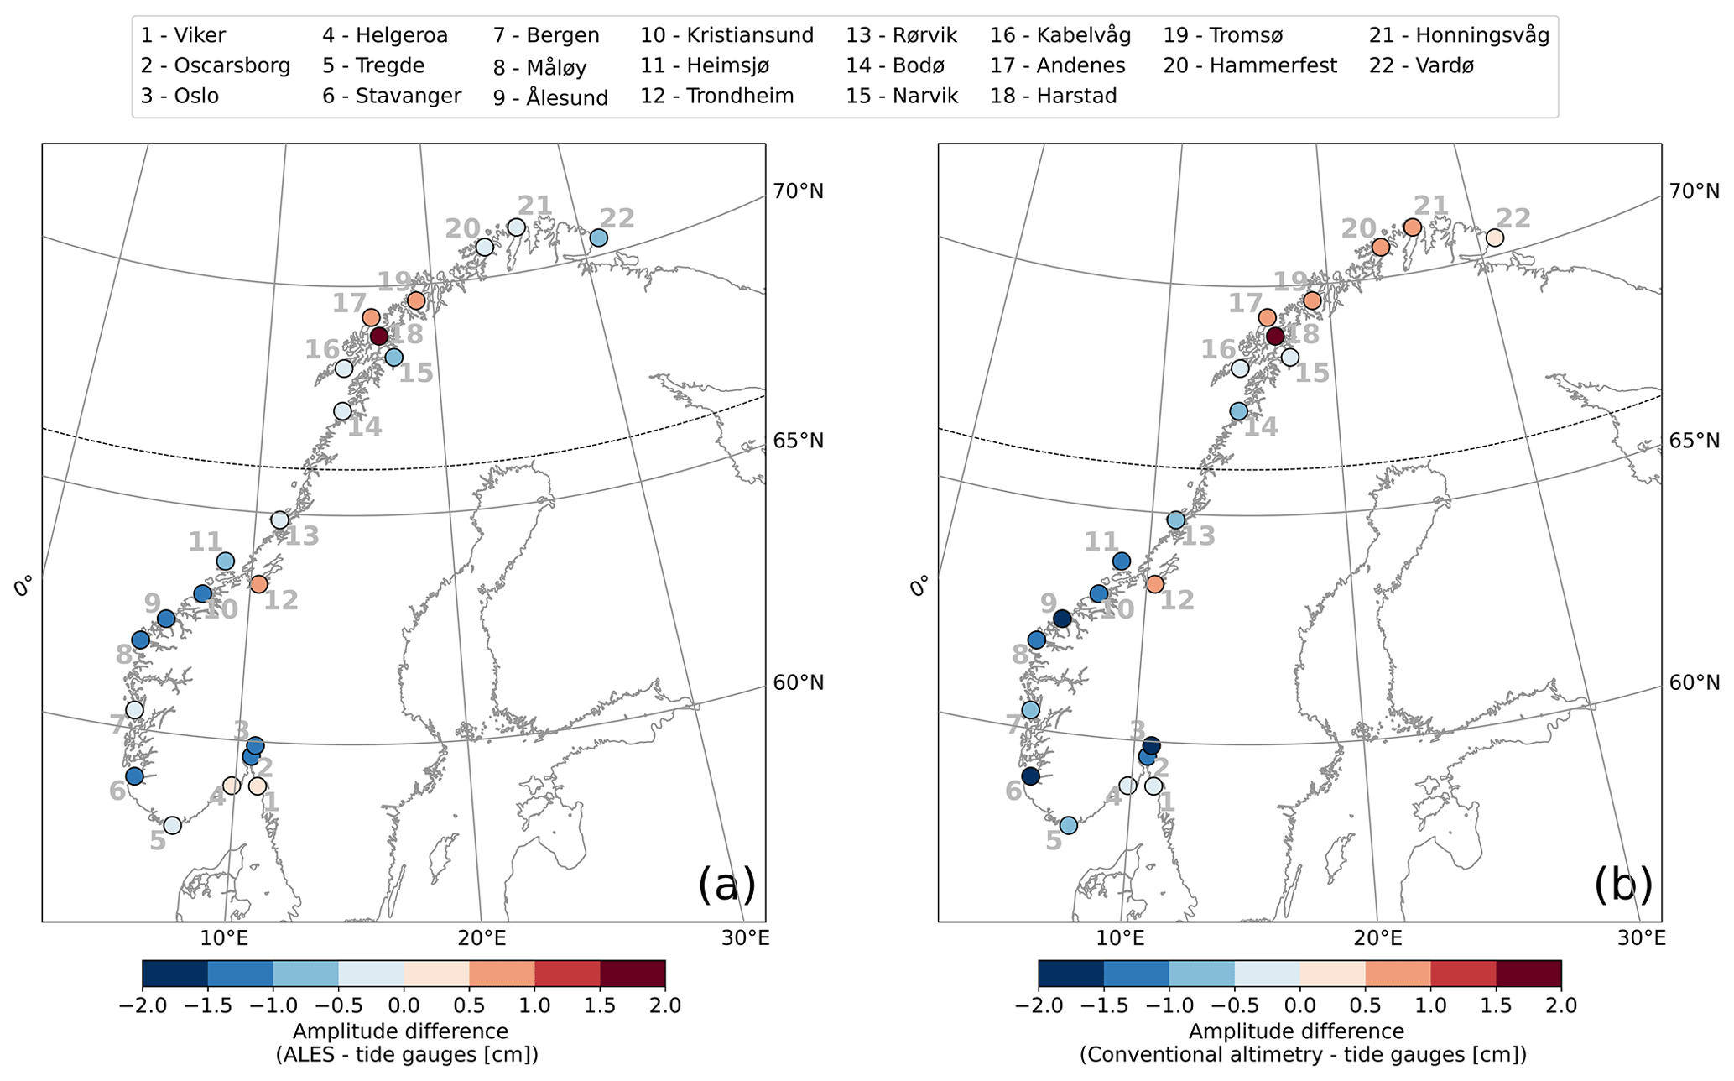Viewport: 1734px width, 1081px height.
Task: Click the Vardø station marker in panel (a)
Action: [598, 238]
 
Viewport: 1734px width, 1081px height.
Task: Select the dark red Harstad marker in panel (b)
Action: [1275, 337]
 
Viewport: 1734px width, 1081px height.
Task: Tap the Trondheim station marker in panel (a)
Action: [258, 583]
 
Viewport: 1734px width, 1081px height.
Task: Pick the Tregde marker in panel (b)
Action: [1068, 825]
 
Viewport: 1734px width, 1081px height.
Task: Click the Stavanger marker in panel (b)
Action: [1030, 775]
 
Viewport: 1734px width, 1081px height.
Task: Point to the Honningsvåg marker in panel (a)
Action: [517, 227]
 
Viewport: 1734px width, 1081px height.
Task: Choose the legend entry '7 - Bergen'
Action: [546, 35]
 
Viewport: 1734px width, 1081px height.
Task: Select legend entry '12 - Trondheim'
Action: [716, 96]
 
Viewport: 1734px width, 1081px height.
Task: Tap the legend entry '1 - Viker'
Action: [183, 35]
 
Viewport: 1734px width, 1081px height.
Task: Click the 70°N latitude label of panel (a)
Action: [798, 191]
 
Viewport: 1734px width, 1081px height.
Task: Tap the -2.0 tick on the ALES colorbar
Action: [143, 1005]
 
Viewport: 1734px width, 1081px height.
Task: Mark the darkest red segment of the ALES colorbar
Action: [633, 974]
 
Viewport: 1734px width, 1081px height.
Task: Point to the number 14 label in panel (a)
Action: [365, 427]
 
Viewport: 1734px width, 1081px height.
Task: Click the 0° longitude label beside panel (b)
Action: [920, 585]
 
